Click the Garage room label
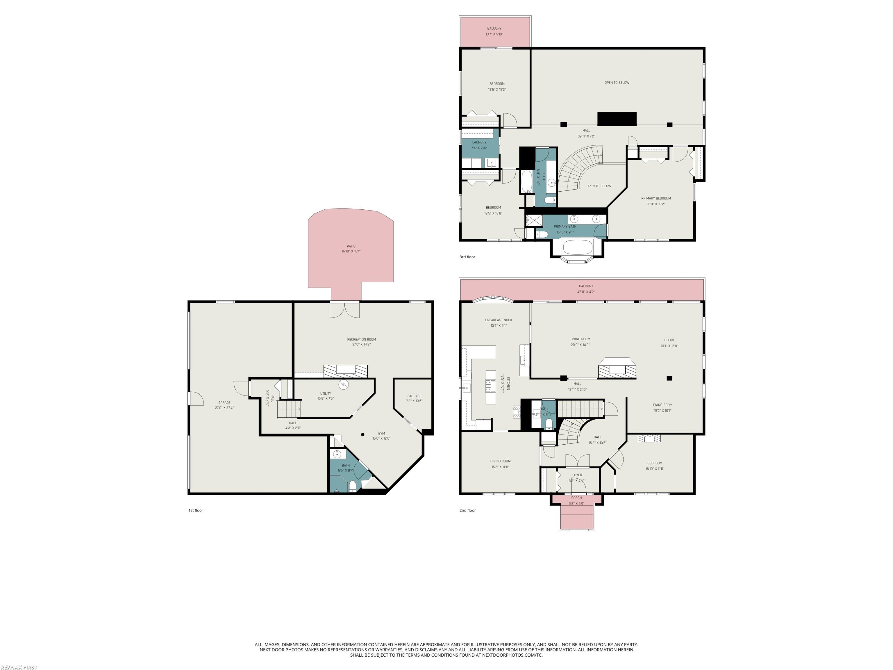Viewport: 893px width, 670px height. [224, 403]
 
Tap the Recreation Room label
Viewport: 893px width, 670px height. [361, 339]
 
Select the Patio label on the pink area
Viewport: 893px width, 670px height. [351, 246]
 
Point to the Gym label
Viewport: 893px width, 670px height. [381, 433]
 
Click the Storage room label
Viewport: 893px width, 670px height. [414, 396]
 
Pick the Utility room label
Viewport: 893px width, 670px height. [325, 393]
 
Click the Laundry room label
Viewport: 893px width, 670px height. [479, 142]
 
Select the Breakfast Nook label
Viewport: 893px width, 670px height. [499, 320]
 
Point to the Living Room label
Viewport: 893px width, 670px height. [580, 339]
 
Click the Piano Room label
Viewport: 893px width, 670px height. [662, 405]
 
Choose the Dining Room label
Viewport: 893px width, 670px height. [500, 461]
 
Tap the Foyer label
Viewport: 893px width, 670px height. [577, 475]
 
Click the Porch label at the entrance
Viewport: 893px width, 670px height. [576, 498]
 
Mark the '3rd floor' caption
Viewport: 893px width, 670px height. [467, 257]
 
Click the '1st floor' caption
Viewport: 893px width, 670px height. [196, 510]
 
